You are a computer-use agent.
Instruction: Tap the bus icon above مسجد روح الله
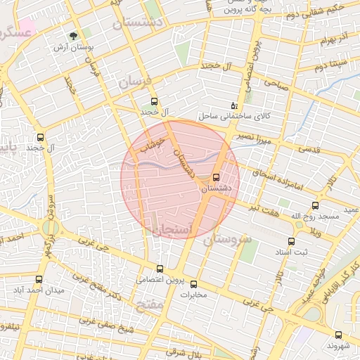point(314,206)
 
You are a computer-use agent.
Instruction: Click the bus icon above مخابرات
point(195,283)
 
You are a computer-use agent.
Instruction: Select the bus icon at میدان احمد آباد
point(39,279)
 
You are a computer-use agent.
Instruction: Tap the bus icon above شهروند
point(339,335)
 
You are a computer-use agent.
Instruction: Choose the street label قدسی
point(307,148)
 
